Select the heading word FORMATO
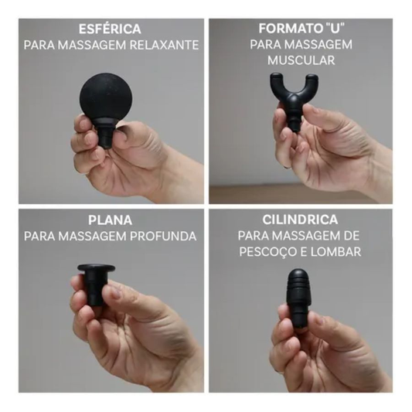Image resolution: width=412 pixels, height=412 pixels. click(x=284, y=29)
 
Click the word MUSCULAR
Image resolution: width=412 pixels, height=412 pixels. click(x=301, y=60)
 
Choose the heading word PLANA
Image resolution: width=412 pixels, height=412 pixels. click(x=111, y=220)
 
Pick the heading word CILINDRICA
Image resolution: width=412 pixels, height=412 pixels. click(x=301, y=220)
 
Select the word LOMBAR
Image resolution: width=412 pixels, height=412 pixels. click(x=337, y=252)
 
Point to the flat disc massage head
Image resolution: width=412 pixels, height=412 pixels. click(x=96, y=271)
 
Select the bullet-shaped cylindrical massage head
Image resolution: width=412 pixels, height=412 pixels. click(x=298, y=290)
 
